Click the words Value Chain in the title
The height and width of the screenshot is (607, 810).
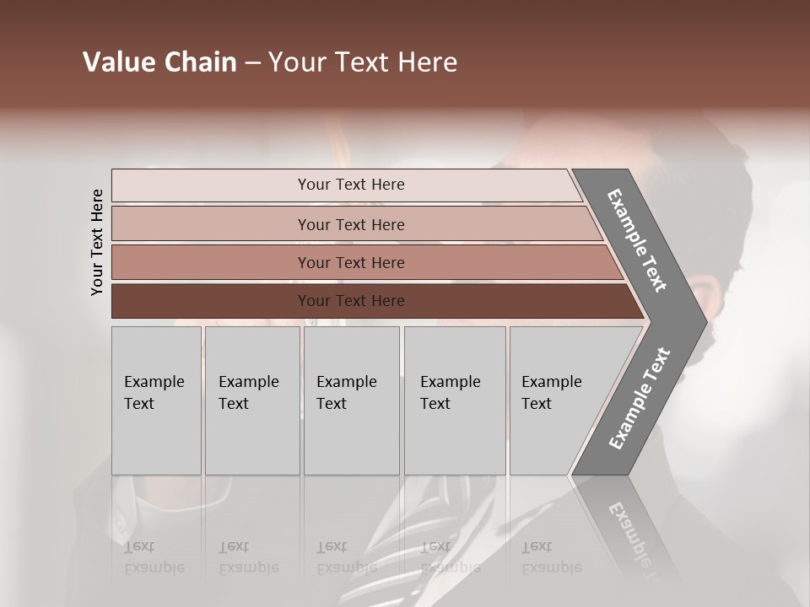[159, 62]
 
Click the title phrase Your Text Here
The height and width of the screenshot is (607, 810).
[363, 62]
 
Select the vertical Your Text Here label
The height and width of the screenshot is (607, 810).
[97, 242]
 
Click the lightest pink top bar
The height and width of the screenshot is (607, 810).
[211, 185]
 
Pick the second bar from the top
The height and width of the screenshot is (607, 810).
[211, 224]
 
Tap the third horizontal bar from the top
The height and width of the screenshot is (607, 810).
[211, 262]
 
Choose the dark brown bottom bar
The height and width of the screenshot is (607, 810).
[211, 301]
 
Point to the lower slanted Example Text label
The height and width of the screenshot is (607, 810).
[639, 399]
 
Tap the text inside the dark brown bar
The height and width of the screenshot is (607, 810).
[351, 301]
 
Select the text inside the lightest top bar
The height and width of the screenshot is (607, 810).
[351, 185]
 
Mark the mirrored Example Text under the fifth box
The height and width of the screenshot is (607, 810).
[551, 557]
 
